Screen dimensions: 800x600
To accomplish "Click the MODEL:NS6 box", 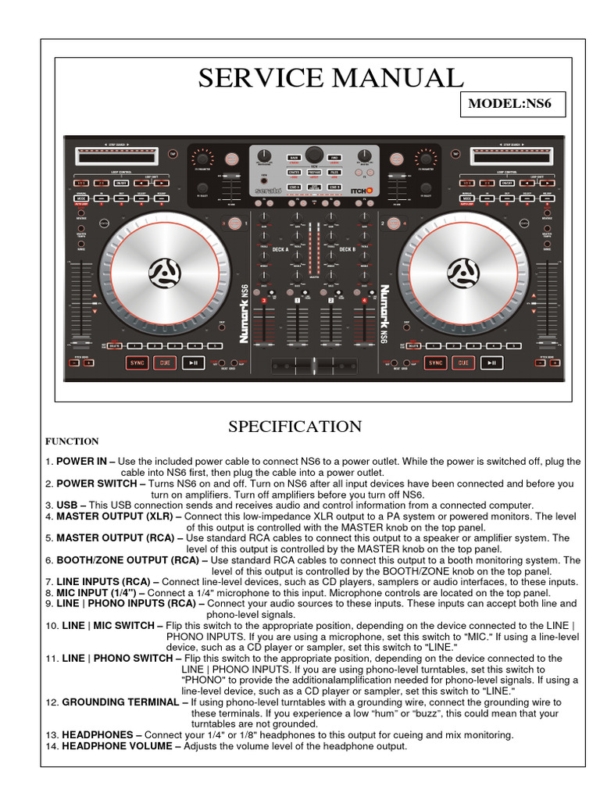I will coord(514,104).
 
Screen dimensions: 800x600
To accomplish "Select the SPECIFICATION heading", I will coord(295,427).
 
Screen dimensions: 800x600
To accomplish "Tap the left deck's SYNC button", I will coord(137,363).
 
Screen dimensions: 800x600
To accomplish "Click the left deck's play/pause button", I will coord(192,363).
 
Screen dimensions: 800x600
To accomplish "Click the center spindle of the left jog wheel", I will coord(164,272).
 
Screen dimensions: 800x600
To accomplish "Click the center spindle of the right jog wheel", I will coord(462,272).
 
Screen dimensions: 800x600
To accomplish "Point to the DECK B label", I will coord(348,250).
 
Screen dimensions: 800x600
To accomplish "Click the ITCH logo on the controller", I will coord(362,190).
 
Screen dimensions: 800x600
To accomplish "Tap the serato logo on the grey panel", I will coord(268,190).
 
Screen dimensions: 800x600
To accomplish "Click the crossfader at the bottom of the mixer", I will coord(313,366).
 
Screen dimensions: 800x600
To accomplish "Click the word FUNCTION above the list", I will coord(72,441).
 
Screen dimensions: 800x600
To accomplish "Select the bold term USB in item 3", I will coord(66,505).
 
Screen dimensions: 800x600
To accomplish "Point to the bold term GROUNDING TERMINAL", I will coord(120,702).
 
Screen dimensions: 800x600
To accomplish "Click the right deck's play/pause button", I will coord(491,363).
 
